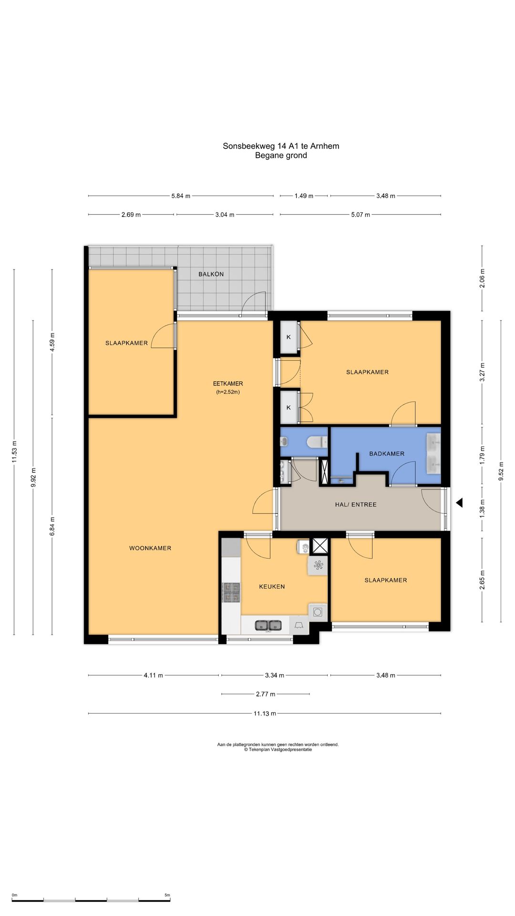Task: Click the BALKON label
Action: click(211, 274)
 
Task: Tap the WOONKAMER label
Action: click(150, 548)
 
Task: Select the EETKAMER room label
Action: click(228, 384)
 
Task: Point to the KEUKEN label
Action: click(272, 587)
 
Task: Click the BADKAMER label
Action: click(387, 454)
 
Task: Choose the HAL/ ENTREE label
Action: click(356, 504)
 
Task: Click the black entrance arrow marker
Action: click(459, 503)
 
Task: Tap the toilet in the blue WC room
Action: click(316, 443)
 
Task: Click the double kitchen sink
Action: click(268, 625)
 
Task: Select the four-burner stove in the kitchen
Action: click(231, 593)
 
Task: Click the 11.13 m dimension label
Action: click(265, 714)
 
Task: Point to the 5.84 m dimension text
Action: click(181, 196)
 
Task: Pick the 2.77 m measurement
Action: click(266, 694)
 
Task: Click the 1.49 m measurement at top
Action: click(304, 196)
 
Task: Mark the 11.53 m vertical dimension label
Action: click(14, 452)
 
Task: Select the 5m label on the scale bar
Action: click(167, 895)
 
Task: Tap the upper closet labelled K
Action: click(288, 337)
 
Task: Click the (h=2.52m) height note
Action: click(228, 392)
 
